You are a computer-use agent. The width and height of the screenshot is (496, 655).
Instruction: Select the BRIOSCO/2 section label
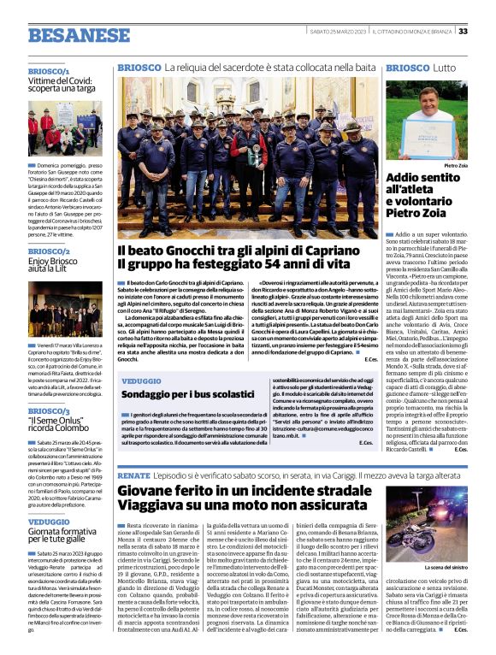tap(49, 251)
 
